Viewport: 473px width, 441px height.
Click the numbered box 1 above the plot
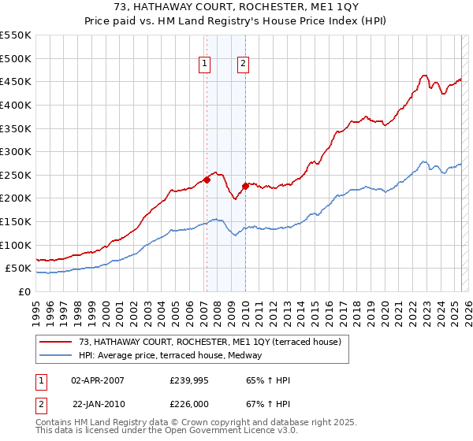pyautogui.click(x=205, y=65)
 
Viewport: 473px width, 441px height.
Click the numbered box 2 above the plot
pyautogui.click(x=243, y=65)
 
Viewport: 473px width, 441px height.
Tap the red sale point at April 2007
pyautogui.click(x=207, y=180)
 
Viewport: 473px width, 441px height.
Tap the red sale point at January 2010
pyautogui.click(x=245, y=186)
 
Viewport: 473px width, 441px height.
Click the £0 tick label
pyautogui.click(x=24, y=291)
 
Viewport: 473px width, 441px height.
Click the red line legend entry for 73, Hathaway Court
pyautogui.click(x=209, y=342)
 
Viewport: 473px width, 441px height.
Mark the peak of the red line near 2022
pyautogui.click(x=424, y=76)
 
